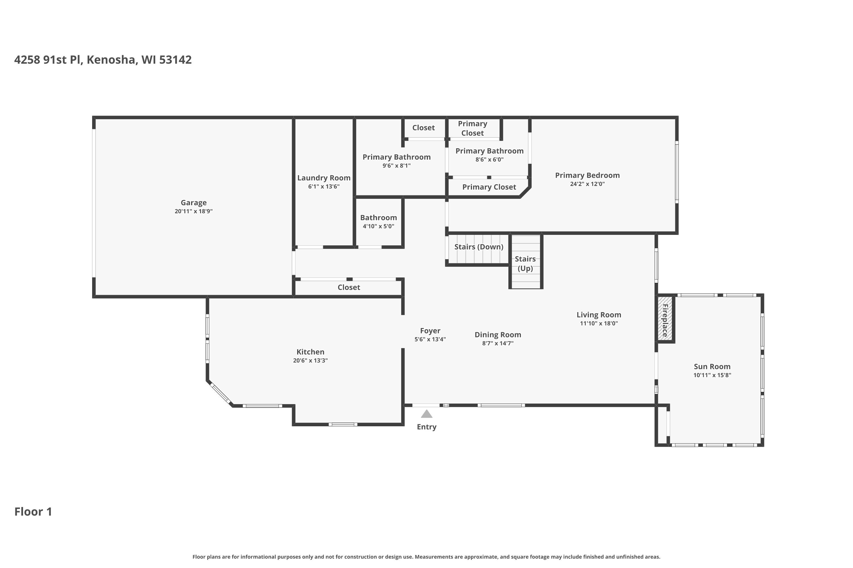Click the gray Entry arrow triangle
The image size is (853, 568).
[x=426, y=414]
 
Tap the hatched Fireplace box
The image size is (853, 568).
[x=665, y=319]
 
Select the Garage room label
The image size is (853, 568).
[x=194, y=202]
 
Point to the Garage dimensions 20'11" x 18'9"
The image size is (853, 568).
[x=194, y=211]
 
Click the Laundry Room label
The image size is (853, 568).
[x=324, y=178]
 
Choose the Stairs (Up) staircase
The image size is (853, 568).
[x=525, y=263]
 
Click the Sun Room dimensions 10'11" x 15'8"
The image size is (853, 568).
[x=712, y=375]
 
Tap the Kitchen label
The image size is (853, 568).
[x=310, y=352]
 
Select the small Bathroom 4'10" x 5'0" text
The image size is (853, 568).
[x=378, y=226]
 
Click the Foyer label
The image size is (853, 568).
[x=430, y=331]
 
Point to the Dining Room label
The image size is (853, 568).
[x=498, y=335]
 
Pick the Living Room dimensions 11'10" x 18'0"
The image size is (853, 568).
[x=599, y=323]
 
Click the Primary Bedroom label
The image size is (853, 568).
[x=587, y=175]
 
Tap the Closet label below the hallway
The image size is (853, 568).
[x=349, y=287]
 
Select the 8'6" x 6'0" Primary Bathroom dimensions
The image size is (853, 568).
[x=489, y=159]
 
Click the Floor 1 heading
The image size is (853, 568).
[x=33, y=511]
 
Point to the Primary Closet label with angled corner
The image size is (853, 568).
[x=489, y=187]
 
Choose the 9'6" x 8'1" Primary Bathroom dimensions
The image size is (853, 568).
[x=396, y=166]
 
